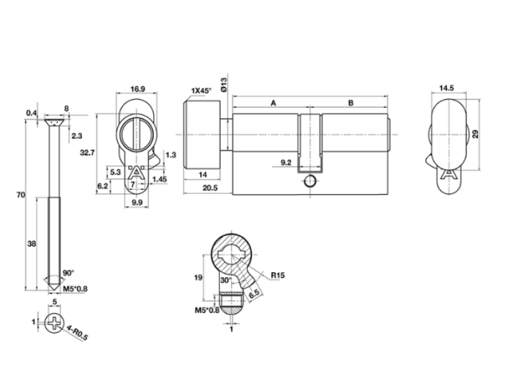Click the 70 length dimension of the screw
point(21,195)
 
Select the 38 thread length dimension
point(31,244)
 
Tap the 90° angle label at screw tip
point(69,273)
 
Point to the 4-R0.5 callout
point(77,332)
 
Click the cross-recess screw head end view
point(54,323)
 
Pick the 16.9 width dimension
point(137,89)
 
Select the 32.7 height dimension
point(87,153)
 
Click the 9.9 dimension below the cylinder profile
point(137,203)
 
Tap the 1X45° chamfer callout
point(201,90)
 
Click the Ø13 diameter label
point(224,85)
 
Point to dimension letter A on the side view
point(274,103)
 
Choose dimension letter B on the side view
point(351,103)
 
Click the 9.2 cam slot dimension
point(286,162)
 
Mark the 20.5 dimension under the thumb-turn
point(210,188)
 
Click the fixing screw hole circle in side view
point(310,181)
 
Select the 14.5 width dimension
point(446,88)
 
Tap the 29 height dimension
point(475,134)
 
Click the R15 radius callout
point(278,275)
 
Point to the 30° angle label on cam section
point(226,280)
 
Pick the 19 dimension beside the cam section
point(198,278)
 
